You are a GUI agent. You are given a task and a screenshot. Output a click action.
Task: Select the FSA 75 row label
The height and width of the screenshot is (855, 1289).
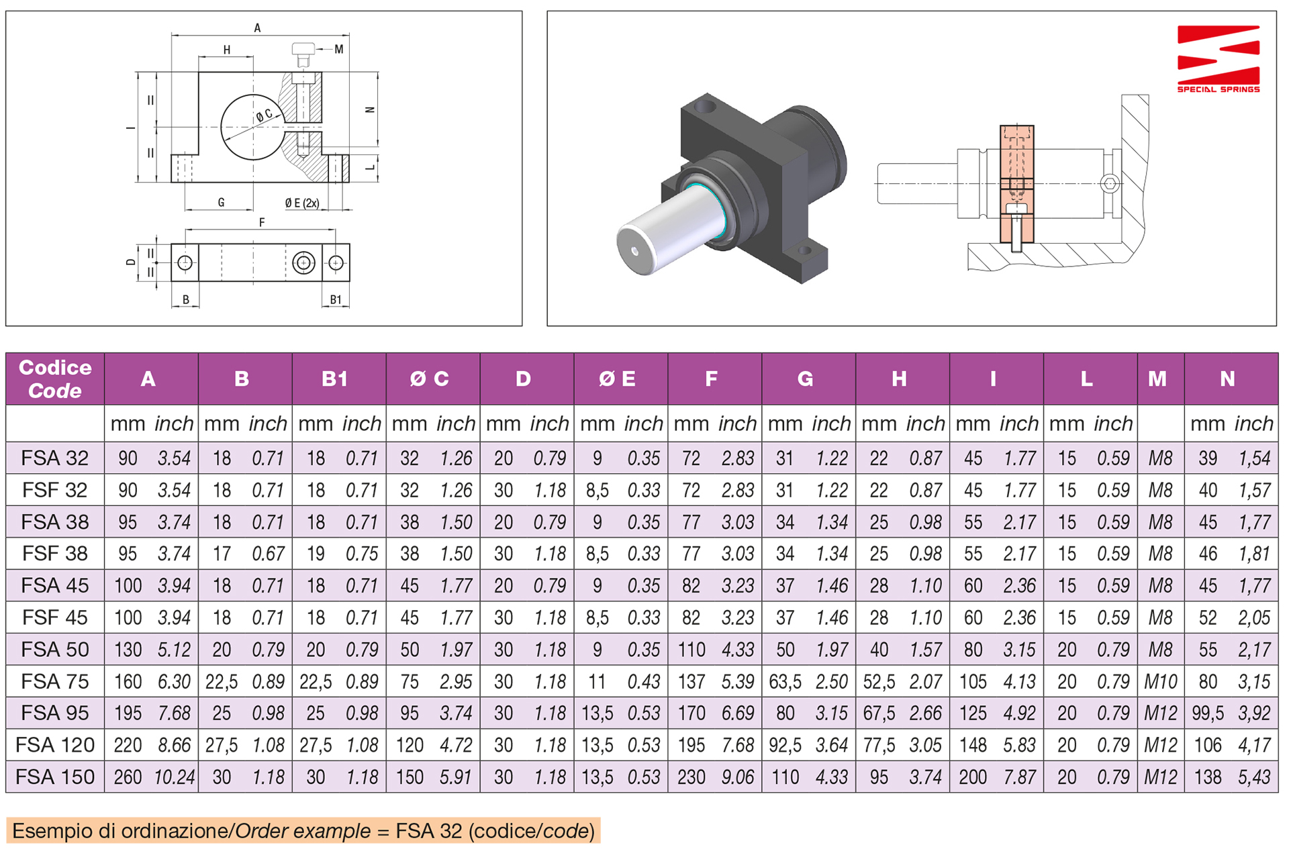(x=54, y=682)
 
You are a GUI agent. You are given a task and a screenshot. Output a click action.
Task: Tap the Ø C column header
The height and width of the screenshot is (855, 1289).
(x=430, y=379)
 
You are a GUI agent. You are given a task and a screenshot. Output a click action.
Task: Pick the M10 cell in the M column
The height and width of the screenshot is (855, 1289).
(x=1160, y=682)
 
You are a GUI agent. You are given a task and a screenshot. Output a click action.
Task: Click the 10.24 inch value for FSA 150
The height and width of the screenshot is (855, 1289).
(x=174, y=777)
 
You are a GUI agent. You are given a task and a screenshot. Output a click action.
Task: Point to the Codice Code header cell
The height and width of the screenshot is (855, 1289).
(x=55, y=379)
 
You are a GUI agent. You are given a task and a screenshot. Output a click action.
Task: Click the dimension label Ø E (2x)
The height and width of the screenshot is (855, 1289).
(x=301, y=203)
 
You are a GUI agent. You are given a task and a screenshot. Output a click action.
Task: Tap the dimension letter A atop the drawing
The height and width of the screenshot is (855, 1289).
(x=257, y=28)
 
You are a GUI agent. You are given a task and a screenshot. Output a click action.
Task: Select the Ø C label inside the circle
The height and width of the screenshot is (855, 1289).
(x=265, y=115)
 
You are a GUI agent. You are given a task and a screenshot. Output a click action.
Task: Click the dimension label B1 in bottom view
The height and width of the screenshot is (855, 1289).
(x=336, y=300)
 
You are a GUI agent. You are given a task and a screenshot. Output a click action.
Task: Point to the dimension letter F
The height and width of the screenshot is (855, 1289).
(x=262, y=222)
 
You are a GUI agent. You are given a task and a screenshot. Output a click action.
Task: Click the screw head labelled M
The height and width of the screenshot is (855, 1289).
(x=303, y=50)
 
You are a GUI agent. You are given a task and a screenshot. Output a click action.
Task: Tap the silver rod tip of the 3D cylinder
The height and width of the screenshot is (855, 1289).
(x=634, y=251)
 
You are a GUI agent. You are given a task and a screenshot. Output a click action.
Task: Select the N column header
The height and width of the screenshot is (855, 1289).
(x=1227, y=379)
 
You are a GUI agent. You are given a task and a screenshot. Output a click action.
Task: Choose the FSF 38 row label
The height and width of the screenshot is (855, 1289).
(x=54, y=554)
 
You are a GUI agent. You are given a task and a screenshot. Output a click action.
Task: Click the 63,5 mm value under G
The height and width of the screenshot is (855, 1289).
(x=785, y=682)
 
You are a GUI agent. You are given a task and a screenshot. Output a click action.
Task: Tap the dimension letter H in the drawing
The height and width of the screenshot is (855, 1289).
(x=227, y=50)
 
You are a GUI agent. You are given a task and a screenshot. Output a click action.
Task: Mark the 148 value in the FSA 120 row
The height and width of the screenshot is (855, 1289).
(x=973, y=745)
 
